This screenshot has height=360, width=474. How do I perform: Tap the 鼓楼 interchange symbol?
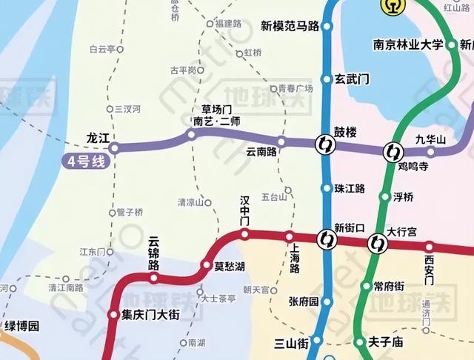(324, 144)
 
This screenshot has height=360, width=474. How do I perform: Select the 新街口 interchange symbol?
(325, 239)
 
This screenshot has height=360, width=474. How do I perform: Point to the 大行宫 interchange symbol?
(378, 242)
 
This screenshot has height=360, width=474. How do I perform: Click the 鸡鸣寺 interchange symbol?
(391, 153)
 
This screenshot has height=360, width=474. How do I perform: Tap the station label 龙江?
(98, 138)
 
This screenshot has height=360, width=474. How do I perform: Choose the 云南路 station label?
(261, 152)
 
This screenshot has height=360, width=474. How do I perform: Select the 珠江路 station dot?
(327, 188)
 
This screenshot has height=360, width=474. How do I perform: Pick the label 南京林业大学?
(407, 44)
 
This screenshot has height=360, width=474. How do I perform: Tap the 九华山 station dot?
(431, 152)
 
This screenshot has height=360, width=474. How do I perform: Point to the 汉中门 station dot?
(244, 235)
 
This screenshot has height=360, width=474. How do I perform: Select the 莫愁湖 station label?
(230, 266)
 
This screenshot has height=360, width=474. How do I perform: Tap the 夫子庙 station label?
(386, 342)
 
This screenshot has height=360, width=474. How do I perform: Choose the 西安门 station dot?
(429, 247)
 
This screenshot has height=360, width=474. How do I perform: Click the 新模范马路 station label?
(290, 27)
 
